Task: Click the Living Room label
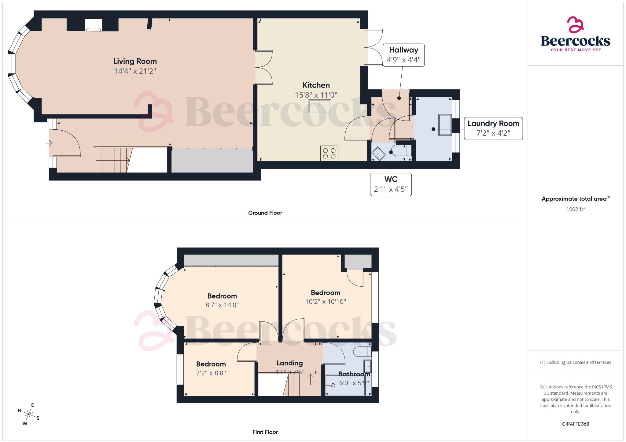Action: coord(135,61)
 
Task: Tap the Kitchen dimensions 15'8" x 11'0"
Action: coord(316,95)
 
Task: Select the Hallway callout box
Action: coord(403,55)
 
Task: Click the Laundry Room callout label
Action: coord(493,124)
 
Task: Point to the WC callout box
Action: coord(391,184)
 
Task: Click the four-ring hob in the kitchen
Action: coord(329,153)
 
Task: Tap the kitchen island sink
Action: coord(320,106)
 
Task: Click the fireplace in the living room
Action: coord(93,26)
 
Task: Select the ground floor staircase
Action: coord(112,160)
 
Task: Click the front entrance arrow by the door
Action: coord(49,143)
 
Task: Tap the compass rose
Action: coord(29,415)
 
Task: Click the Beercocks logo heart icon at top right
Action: coord(575,25)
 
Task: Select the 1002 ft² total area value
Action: coord(575,209)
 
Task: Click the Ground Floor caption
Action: coord(265,213)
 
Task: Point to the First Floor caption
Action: coord(265,432)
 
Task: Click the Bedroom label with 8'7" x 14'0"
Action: coord(222,296)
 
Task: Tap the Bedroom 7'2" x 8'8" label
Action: coord(211,364)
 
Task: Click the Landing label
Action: coord(289,363)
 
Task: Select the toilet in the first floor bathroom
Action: coord(362,352)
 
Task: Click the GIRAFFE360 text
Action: coord(575,424)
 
